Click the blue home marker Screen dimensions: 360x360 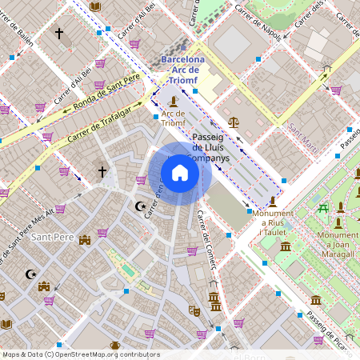tap(180, 173)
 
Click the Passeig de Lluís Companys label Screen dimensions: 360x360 tap(212, 148)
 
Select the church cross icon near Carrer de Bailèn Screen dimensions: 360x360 tap(58, 34)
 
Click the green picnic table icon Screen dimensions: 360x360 tap(323, 209)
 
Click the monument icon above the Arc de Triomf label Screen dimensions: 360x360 tap(174, 102)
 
